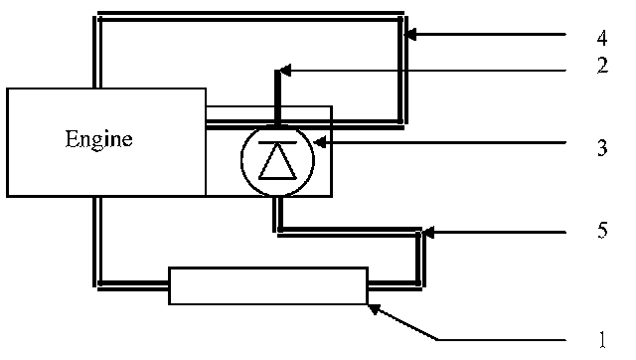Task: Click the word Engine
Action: [99, 140]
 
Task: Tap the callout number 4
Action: [602, 38]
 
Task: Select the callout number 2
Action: [603, 66]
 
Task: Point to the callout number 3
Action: [603, 148]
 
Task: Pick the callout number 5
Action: [603, 230]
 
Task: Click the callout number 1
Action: [603, 339]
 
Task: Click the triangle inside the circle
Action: [278, 161]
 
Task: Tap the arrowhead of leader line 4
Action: [410, 35]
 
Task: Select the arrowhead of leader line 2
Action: [285, 70]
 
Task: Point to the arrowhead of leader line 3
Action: [320, 142]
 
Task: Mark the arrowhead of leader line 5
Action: [428, 233]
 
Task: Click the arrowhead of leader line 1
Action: [374, 309]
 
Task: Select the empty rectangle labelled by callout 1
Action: [268, 285]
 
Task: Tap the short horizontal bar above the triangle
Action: [277, 142]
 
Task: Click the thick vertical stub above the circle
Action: [278, 97]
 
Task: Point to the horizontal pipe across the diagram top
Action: [250, 16]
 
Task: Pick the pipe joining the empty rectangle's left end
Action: [133, 284]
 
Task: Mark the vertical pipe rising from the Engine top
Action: [97, 52]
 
